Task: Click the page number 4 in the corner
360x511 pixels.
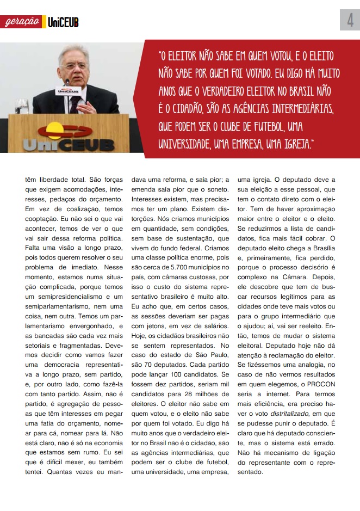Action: coord(350,21)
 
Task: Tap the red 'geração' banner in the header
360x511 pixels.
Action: coord(22,22)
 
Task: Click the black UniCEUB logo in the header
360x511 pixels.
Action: coord(63,22)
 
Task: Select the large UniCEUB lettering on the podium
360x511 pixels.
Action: coord(69,145)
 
